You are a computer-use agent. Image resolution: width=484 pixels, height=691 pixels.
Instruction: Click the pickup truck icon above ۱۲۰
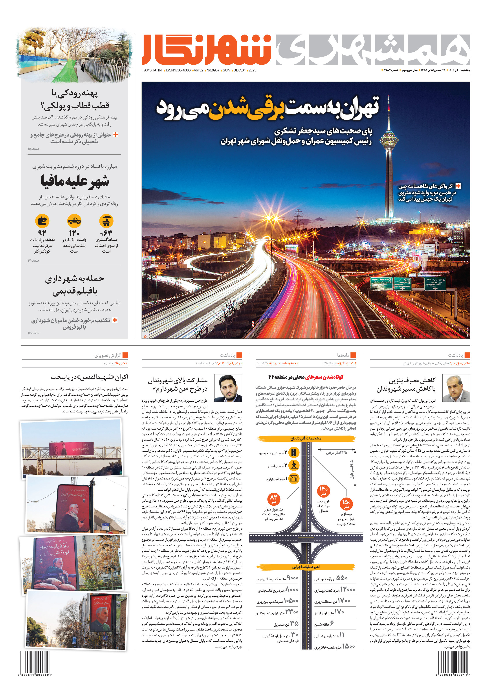pyautogui.click(x=74, y=221)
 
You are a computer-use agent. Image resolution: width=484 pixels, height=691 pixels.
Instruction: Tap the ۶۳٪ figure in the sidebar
pyautogui.click(x=106, y=233)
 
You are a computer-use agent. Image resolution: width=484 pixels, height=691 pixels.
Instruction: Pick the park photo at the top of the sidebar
pyautogui.click(x=75, y=56)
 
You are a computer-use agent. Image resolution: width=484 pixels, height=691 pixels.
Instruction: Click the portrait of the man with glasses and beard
pyautogui.click(x=230, y=388)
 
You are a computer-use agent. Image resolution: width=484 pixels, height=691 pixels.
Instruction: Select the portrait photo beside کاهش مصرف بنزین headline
pyautogui.click(x=458, y=388)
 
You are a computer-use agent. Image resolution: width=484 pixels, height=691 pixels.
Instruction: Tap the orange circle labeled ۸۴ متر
pyautogui.click(x=273, y=499)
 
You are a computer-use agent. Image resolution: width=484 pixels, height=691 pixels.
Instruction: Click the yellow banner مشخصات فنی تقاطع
pyautogui.click(x=306, y=438)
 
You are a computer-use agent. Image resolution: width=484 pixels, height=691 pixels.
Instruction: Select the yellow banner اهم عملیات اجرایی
pyautogui.click(x=306, y=567)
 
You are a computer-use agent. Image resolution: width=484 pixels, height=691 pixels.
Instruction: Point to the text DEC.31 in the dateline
pyautogui.click(x=239, y=70)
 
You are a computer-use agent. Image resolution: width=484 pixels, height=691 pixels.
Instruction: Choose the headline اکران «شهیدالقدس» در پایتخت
pyautogui.click(x=90, y=377)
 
